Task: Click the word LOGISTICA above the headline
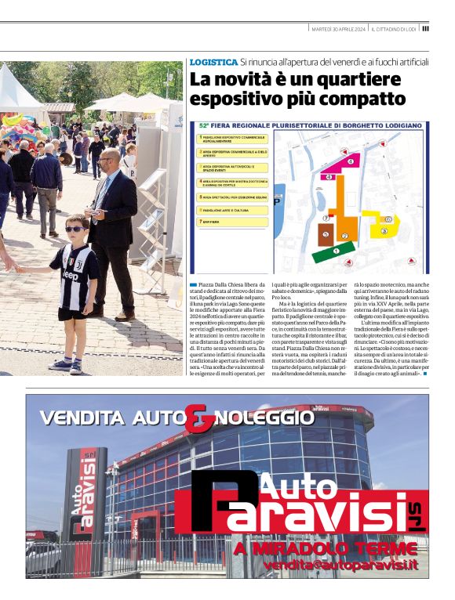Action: point(213,61)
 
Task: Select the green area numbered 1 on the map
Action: point(333,251)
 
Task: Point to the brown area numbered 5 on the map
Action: point(325,233)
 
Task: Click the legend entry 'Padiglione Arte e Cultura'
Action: point(227,211)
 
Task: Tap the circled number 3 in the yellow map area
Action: point(384,231)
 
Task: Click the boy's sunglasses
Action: point(75,229)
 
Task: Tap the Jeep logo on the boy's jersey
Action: point(70,276)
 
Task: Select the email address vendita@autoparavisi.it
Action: point(340,565)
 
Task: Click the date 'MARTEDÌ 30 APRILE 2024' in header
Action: point(339,29)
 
